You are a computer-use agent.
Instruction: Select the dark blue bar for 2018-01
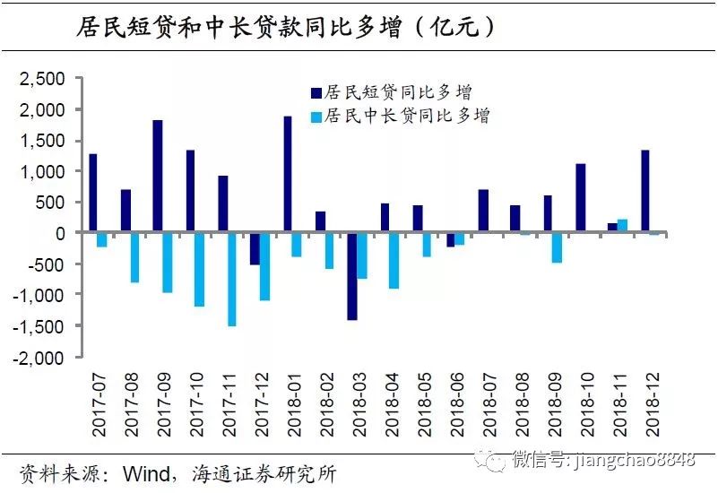click(x=288, y=174)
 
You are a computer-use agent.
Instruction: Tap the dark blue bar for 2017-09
click(x=158, y=176)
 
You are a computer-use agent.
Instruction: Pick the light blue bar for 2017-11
click(x=232, y=279)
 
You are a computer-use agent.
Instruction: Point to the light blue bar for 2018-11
click(x=623, y=225)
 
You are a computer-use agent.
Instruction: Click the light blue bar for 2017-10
click(x=199, y=269)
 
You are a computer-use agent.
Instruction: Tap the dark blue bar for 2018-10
click(x=581, y=198)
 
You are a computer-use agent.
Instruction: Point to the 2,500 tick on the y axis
click(x=43, y=79)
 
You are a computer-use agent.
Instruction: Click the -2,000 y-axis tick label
click(x=40, y=356)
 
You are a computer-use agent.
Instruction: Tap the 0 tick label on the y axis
click(x=59, y=233)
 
